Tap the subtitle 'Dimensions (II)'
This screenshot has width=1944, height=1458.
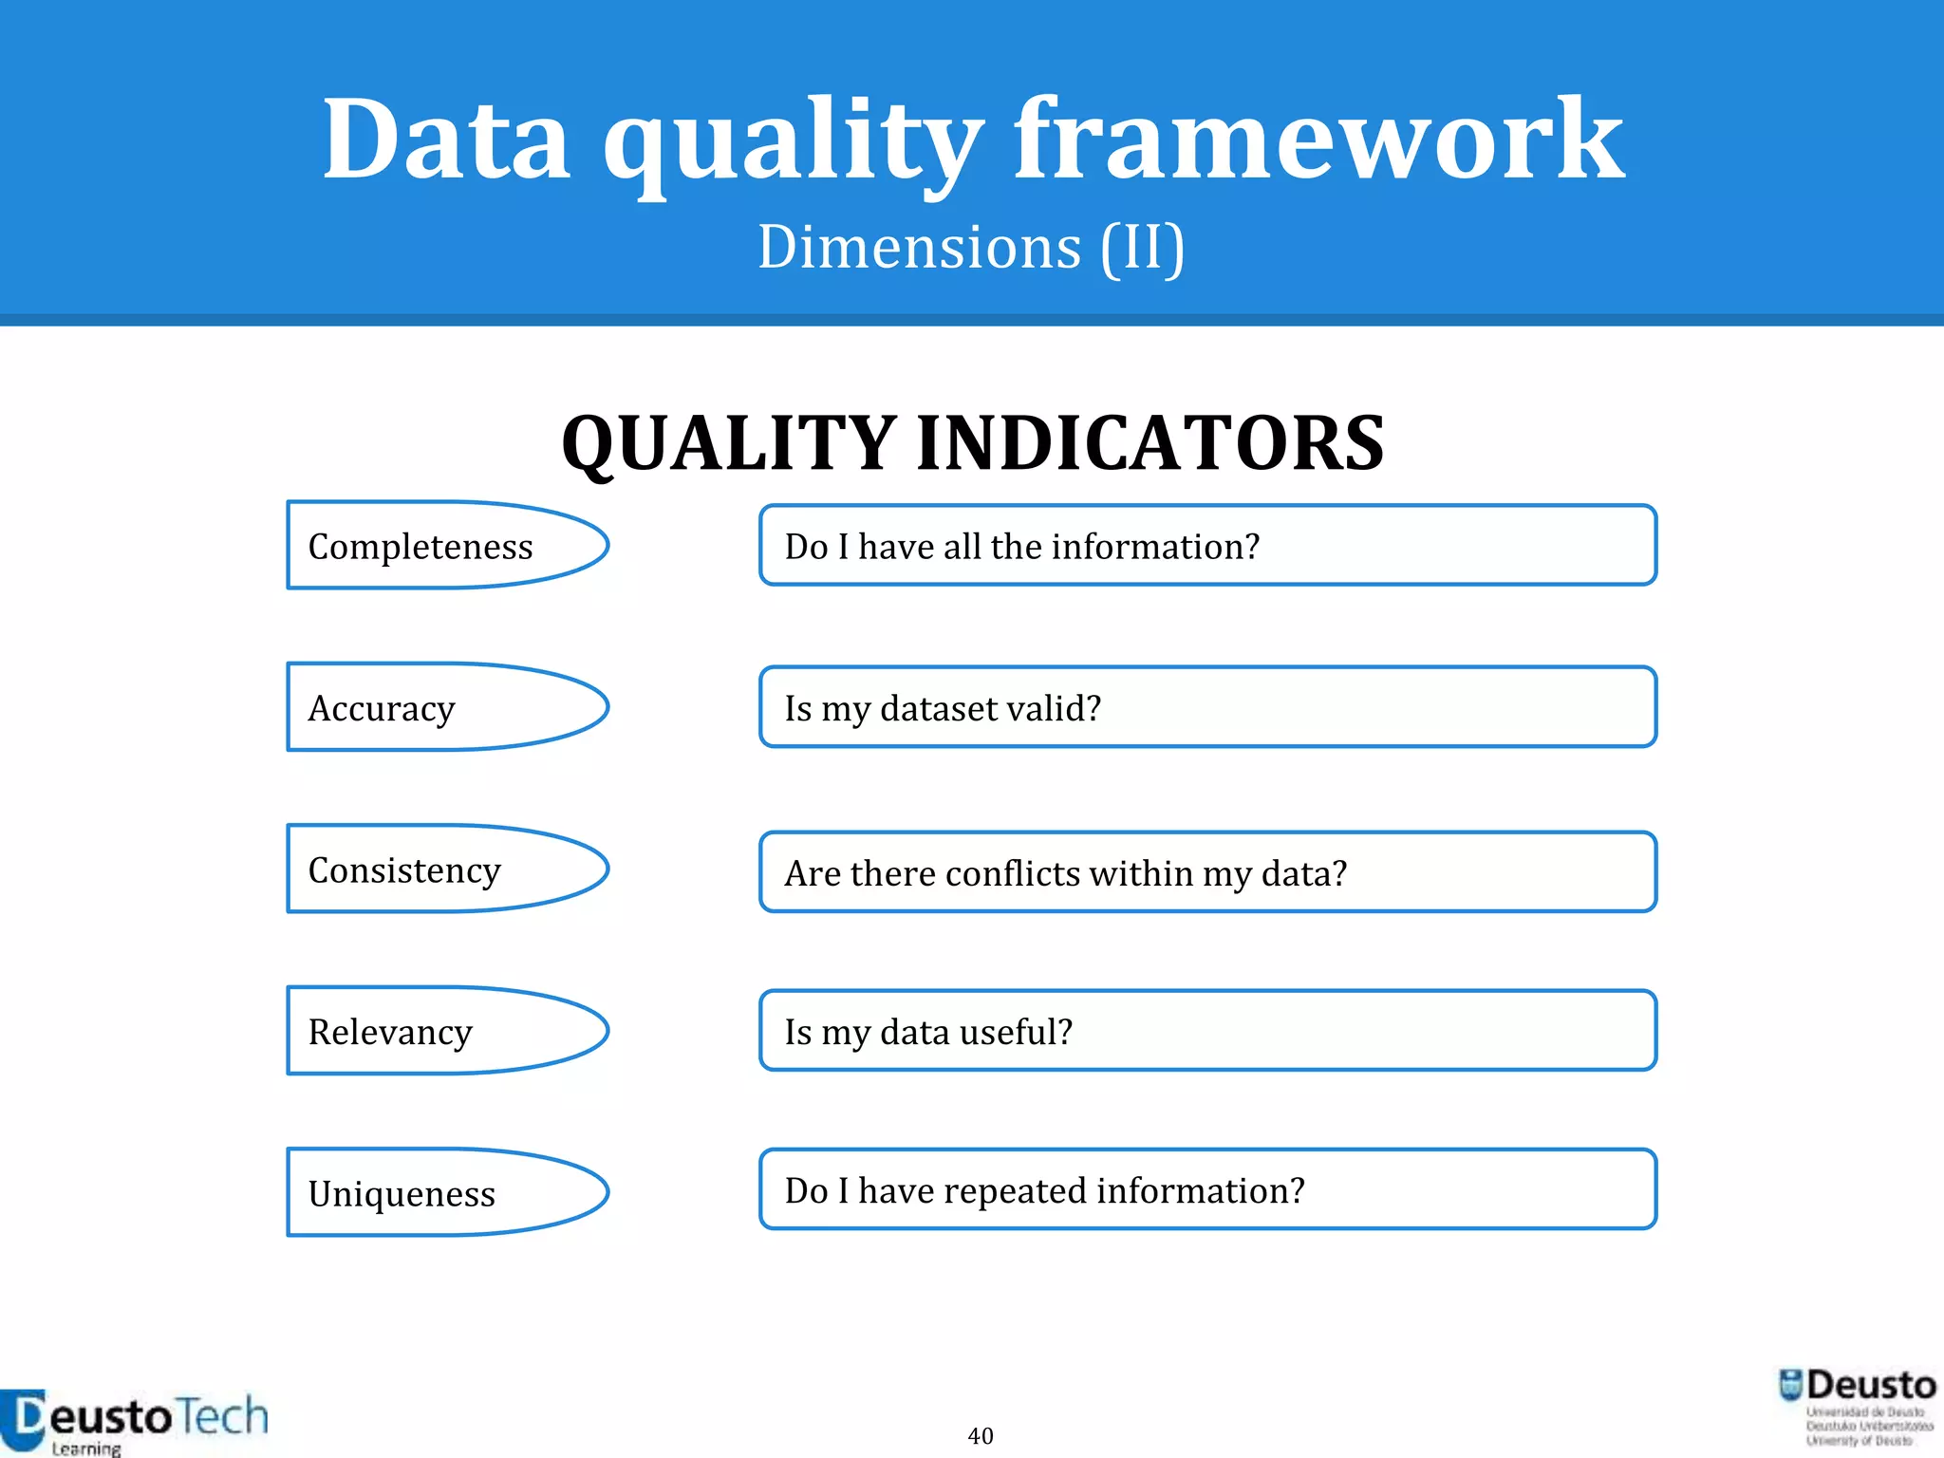tap(971, 247)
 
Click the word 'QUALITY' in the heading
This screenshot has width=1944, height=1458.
tap(728, 443)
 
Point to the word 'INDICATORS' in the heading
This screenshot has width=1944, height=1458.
tap(1150, 443)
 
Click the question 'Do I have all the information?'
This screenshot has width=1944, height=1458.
tap(1207, 546)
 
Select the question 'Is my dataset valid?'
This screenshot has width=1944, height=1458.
tap(1207, 708)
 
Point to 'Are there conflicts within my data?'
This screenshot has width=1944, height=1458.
tap(1207, 872)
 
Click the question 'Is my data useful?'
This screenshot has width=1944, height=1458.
tap(1207, 1032)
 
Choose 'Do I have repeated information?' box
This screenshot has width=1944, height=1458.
tap(1207, 1190)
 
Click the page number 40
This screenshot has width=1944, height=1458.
tap(981, 1435)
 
